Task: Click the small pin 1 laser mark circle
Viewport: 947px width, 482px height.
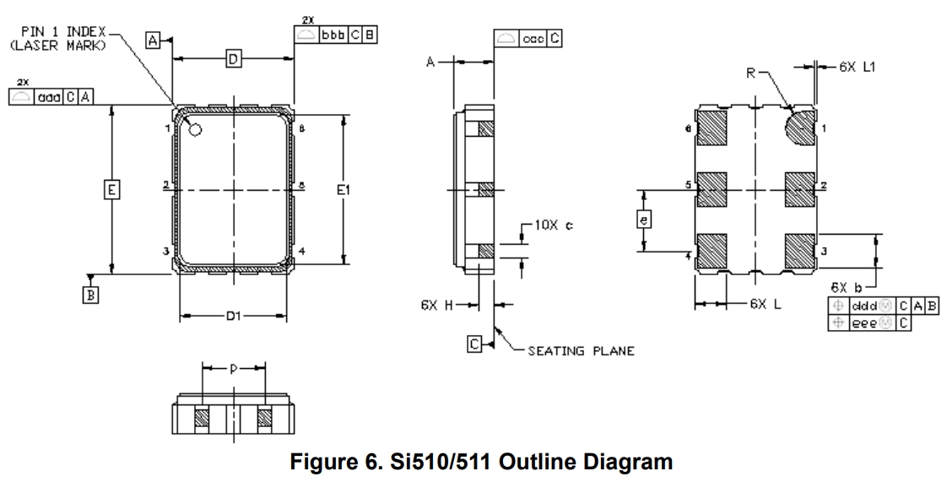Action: (196, 129)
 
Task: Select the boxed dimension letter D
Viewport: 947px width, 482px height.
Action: (233, 58)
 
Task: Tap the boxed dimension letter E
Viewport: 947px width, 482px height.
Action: (111, 190)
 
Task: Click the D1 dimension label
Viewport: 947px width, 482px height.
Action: (233, 317)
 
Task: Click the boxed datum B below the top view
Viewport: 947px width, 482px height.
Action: (89, 294)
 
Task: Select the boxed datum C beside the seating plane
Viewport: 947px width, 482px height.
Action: (475, 344)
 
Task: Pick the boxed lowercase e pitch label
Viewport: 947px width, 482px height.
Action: (643, 219)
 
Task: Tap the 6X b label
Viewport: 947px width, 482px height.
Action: (846, 287)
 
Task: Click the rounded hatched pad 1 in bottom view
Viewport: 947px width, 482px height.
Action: (799, 127)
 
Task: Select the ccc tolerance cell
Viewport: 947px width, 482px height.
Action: (533, 39)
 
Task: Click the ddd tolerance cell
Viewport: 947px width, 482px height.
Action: (864, 306)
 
